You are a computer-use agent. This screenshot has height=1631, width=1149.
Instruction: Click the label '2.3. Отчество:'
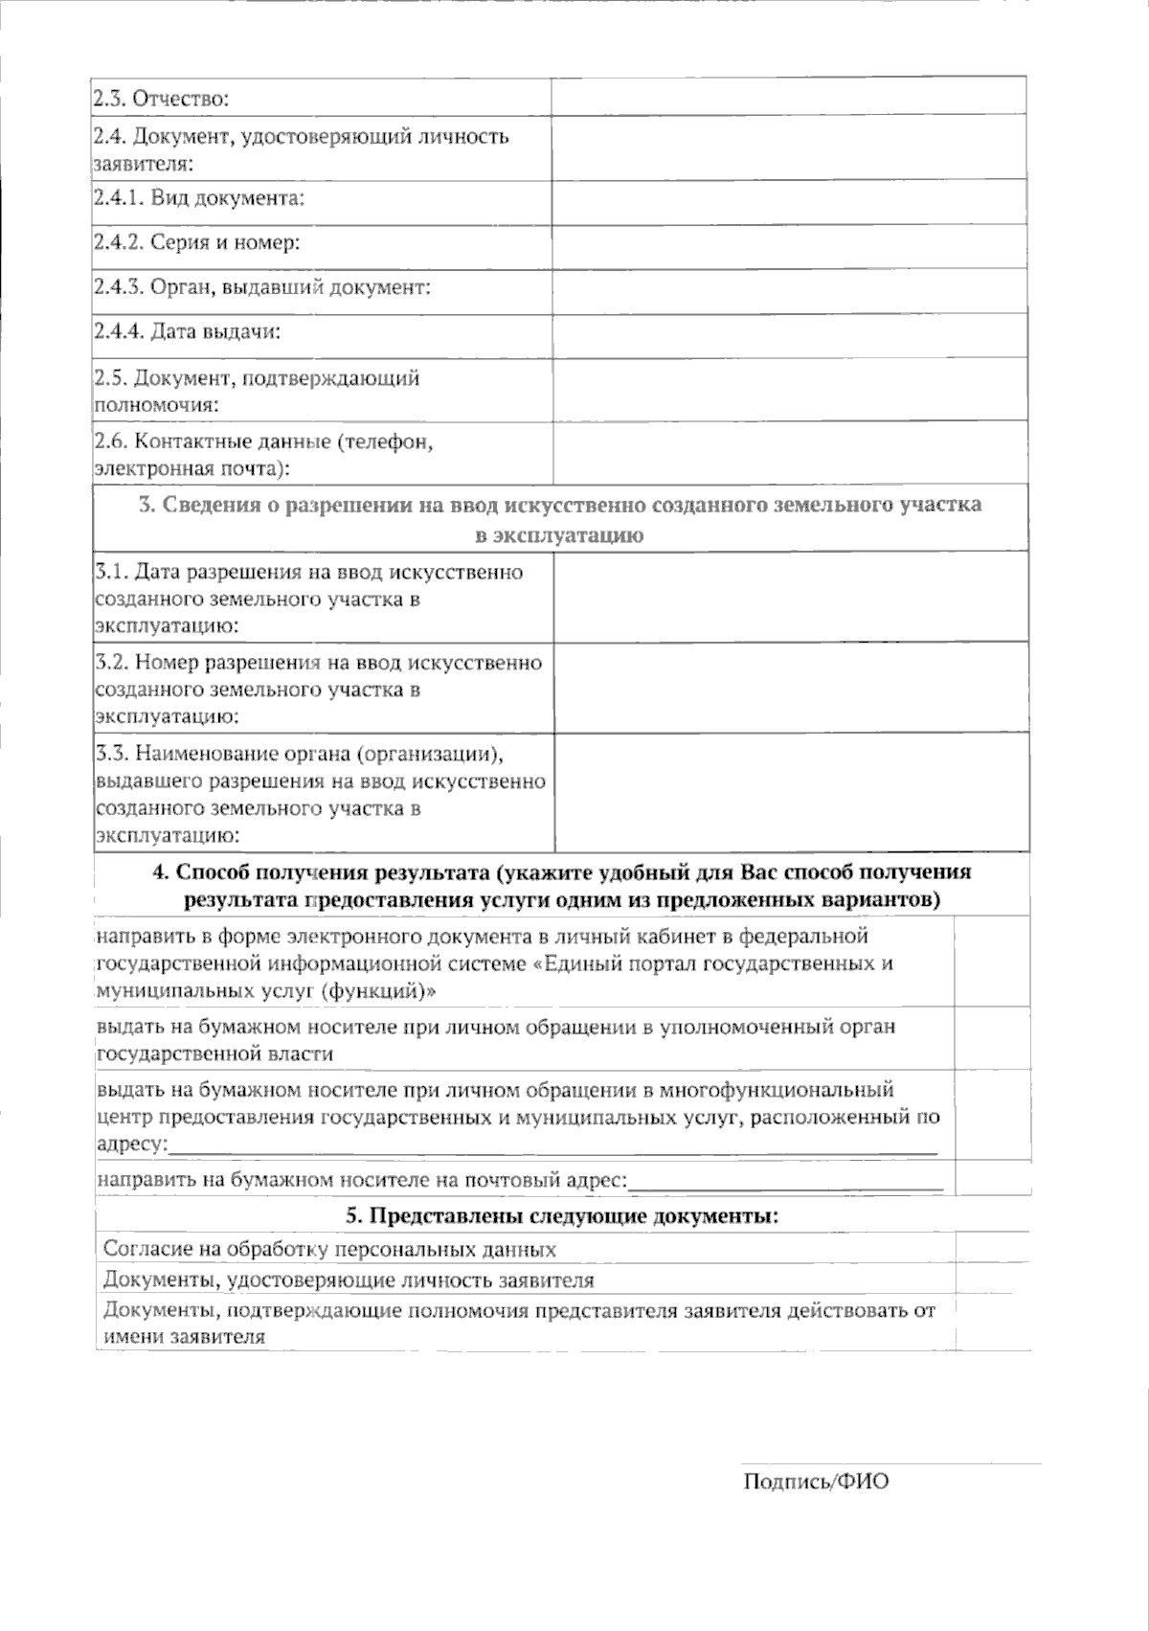pos(161,98)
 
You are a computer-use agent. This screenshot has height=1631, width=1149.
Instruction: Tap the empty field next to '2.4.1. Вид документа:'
pos(789,201)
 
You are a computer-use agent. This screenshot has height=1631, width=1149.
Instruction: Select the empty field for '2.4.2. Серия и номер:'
pos(789,245)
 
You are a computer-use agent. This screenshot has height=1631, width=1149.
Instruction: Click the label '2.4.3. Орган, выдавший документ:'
pos(261,287)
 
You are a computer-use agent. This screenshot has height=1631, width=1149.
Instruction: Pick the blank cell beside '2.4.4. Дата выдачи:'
pos(789,333)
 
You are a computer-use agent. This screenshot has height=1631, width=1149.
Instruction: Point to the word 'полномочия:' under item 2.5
pos(156,404)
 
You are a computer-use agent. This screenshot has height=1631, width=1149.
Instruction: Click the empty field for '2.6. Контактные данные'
pos(789,454)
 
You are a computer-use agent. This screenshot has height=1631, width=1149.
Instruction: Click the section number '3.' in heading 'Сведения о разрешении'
pos(146,505)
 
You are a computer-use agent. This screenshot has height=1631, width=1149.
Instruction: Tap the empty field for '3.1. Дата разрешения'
pos(791,599)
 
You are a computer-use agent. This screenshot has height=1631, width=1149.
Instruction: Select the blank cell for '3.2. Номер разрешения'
pos(791,689)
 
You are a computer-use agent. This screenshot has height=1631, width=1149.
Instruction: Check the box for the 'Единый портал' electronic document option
pos(993,962)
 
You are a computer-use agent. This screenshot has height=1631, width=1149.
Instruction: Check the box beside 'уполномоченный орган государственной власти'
pos(993,1038)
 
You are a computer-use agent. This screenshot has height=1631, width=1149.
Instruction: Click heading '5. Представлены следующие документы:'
pos(562,1216)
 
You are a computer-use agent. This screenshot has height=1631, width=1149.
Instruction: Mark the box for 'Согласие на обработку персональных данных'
pos(993,1248)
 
